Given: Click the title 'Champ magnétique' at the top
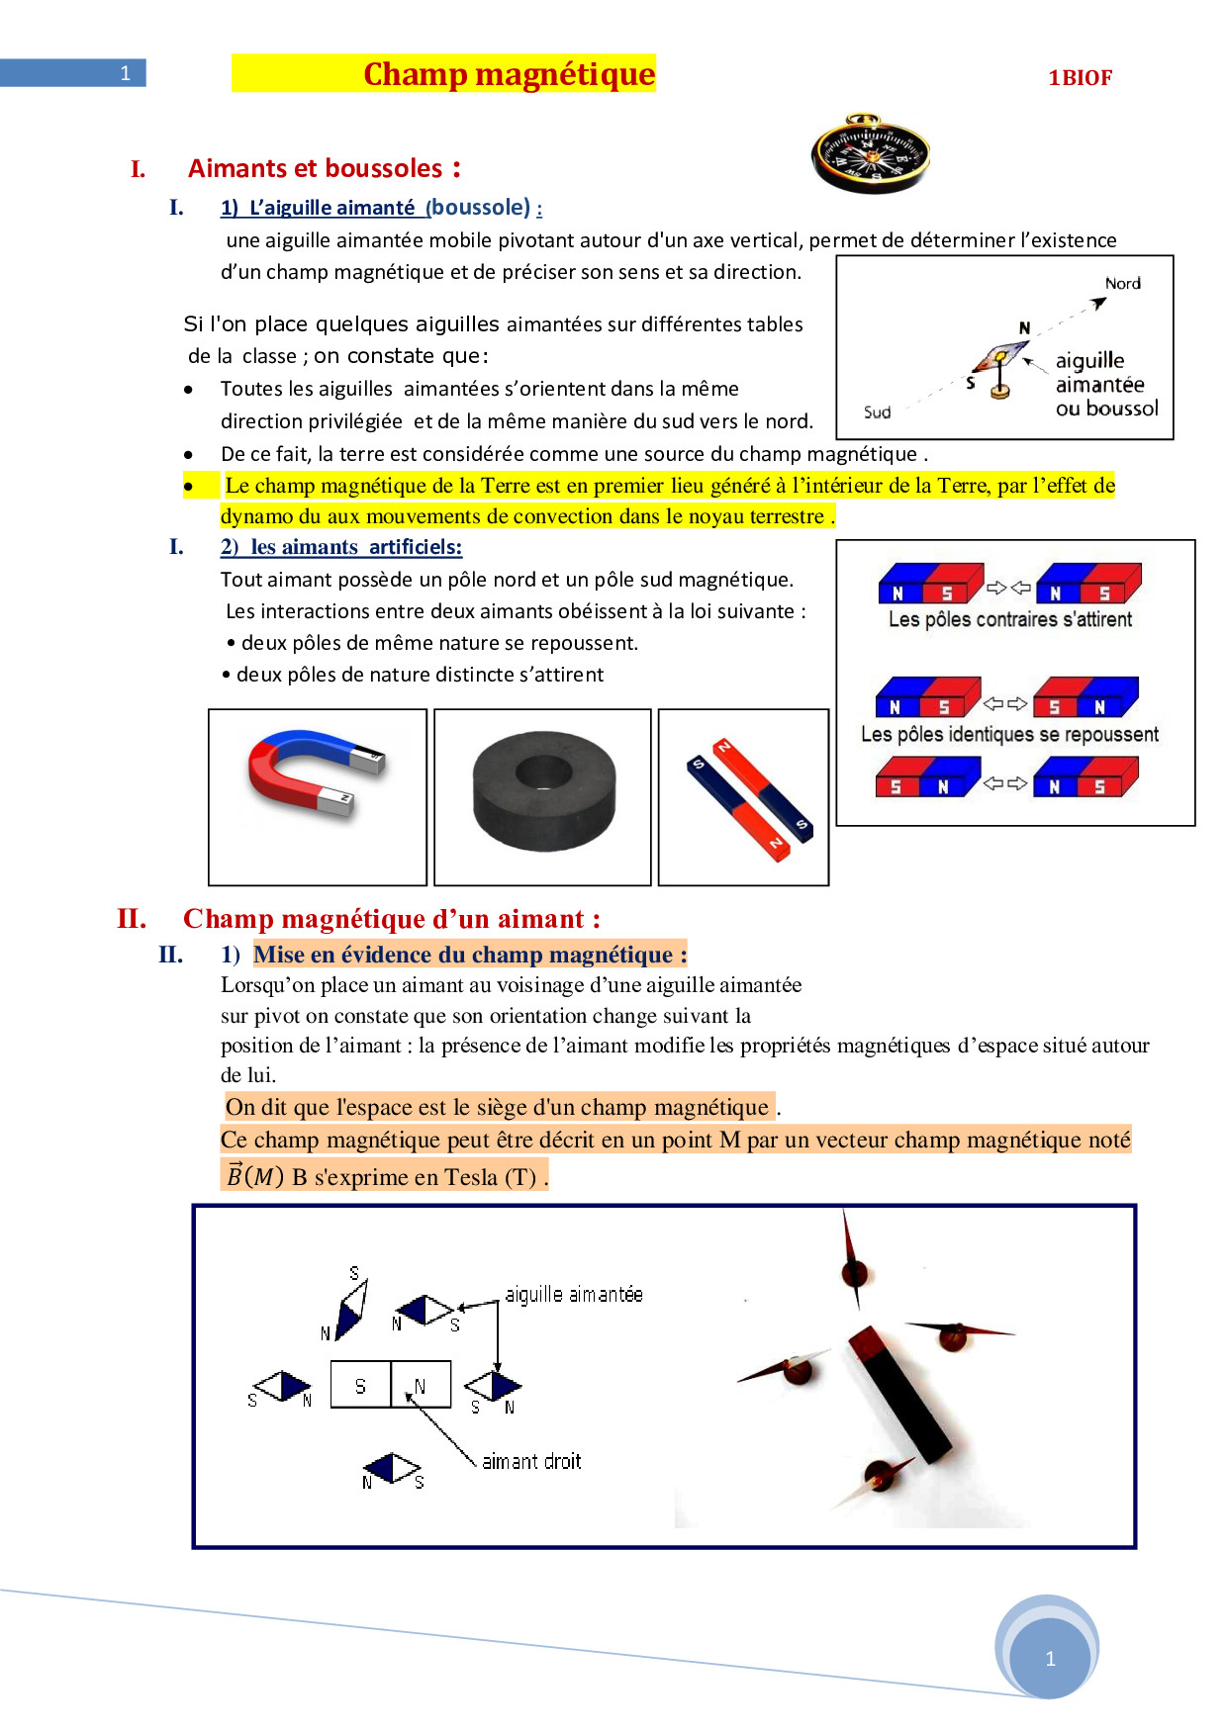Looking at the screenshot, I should point(509,74).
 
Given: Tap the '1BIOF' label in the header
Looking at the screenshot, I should point(1080,78).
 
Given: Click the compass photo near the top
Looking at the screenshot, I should point(870,153).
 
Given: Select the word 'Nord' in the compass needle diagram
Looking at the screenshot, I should point(1122,284).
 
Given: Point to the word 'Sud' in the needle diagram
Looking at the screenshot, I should point(877,412).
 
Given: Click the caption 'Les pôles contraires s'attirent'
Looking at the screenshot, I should point(1009,620).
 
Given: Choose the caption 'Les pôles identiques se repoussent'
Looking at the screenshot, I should point(1008,735).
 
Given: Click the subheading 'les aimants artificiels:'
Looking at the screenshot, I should point(355,547).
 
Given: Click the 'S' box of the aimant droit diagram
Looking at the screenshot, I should point(360,1385).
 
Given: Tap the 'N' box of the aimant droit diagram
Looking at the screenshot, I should point(421,1385).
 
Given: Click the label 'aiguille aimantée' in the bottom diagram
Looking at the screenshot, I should point(573,1295).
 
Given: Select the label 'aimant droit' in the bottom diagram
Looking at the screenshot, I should point(531,1462).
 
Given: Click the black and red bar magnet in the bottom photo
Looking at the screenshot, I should point(898,1395).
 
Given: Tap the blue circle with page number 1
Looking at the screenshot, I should point(1049,1659).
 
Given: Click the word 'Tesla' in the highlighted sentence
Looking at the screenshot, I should point(471,1177).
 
